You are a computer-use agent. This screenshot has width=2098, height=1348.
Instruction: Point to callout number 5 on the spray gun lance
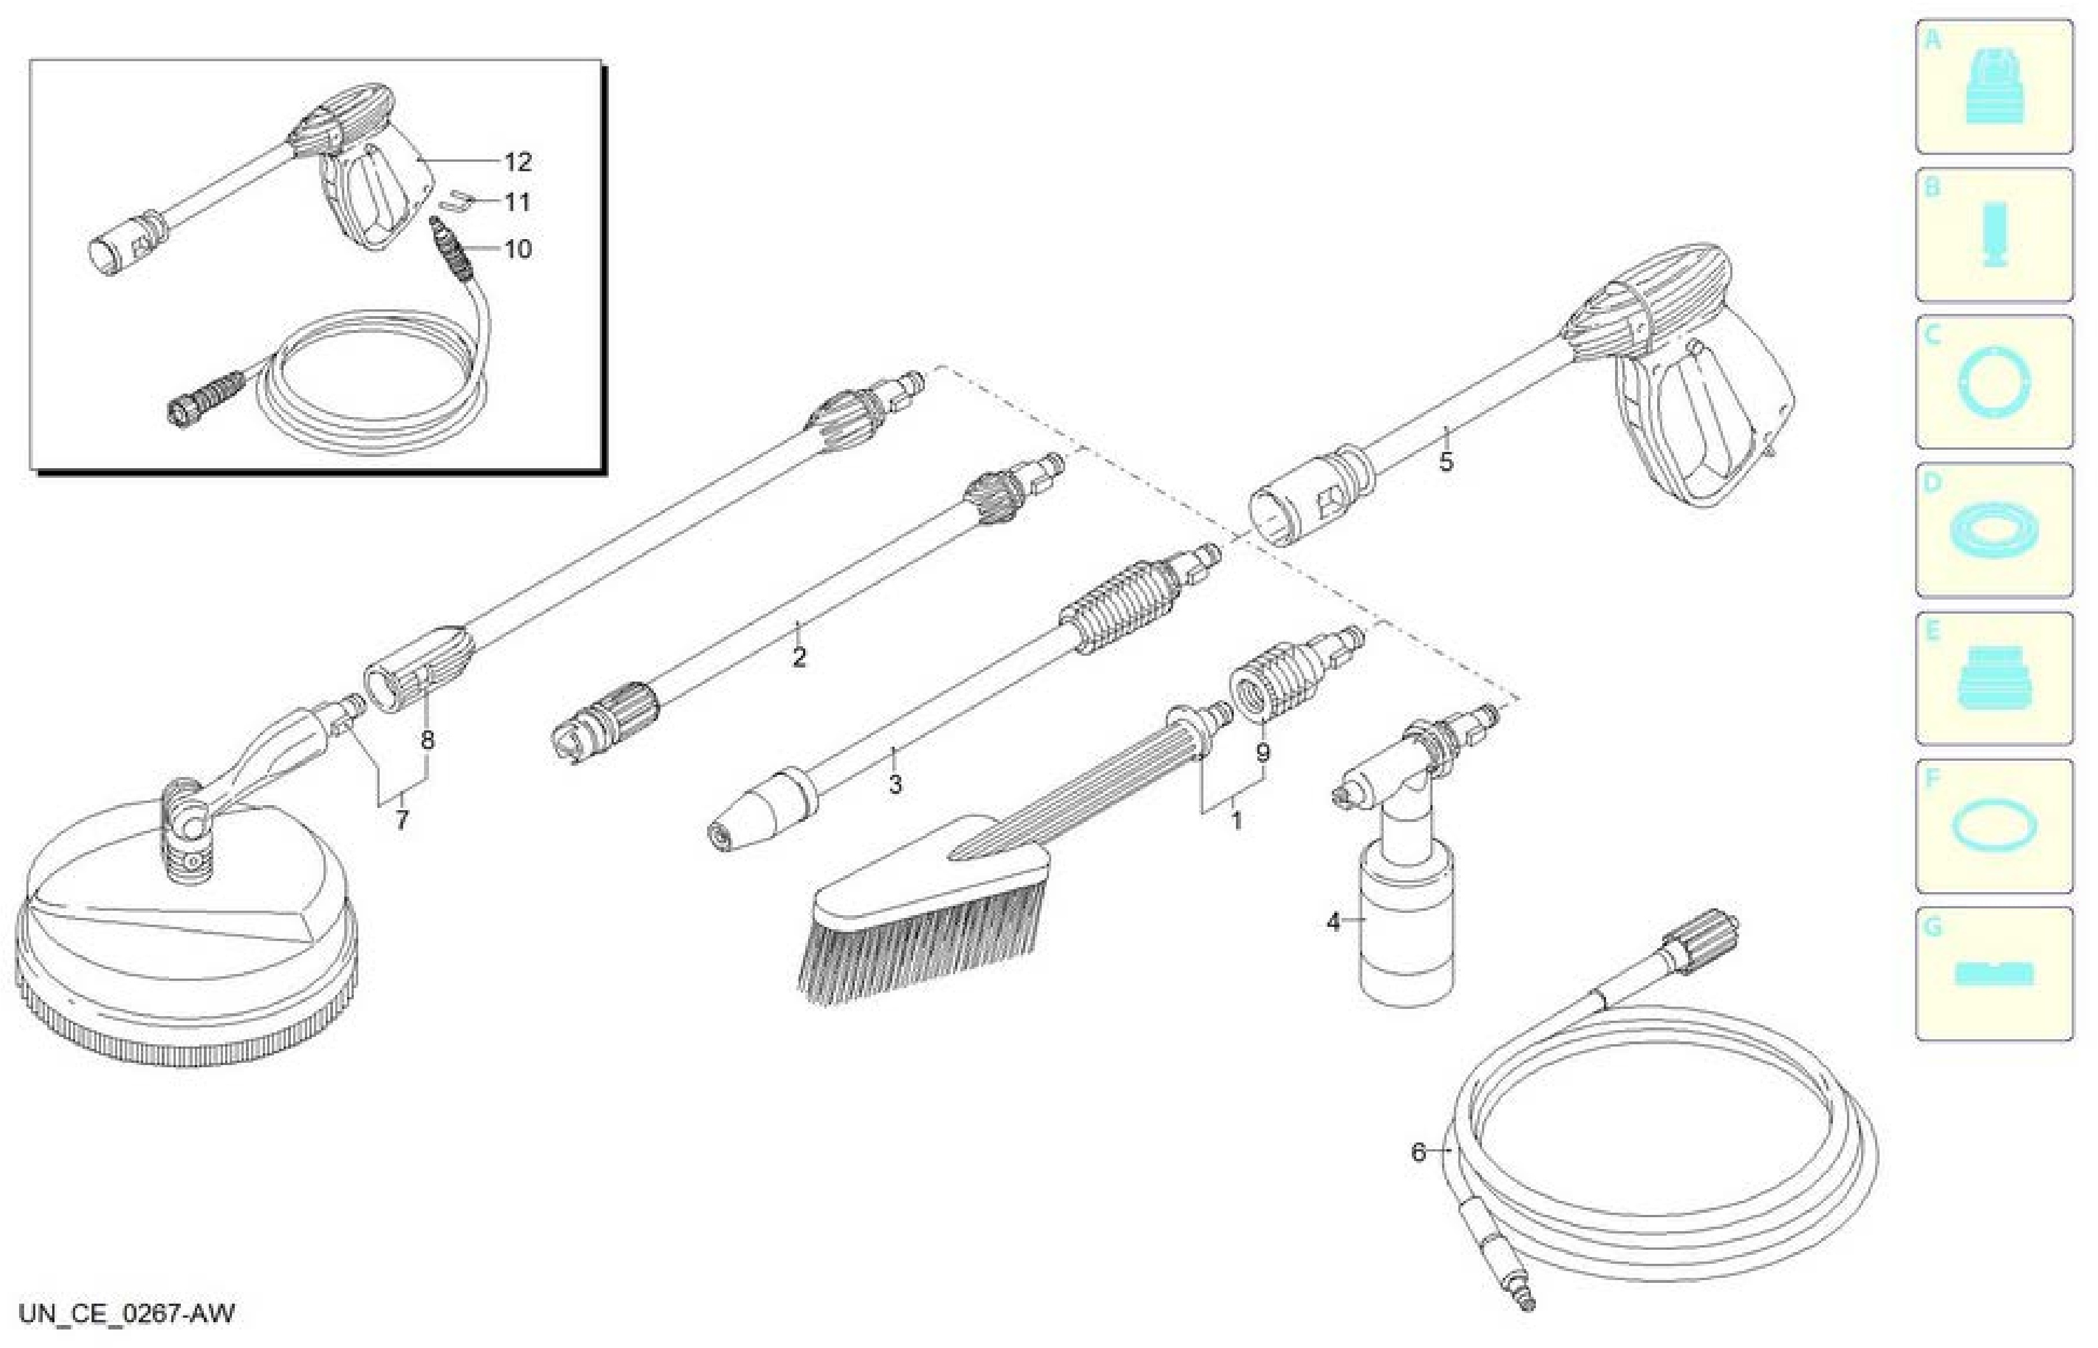tap(1446, 461)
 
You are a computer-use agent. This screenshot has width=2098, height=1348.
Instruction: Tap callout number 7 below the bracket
tap(402, 820)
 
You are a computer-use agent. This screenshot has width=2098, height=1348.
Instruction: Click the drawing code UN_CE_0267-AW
tap(127, 1314)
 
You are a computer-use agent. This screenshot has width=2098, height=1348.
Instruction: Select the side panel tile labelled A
tap(1994, 86)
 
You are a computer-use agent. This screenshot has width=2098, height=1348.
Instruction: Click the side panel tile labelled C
tap(1994, 382)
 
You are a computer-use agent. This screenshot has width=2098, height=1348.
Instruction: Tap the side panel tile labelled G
tap(1994, 974)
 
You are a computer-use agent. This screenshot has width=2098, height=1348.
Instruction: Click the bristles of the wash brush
tap(919, 950)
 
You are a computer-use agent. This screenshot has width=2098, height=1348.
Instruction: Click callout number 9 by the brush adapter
tap(1263, 752)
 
